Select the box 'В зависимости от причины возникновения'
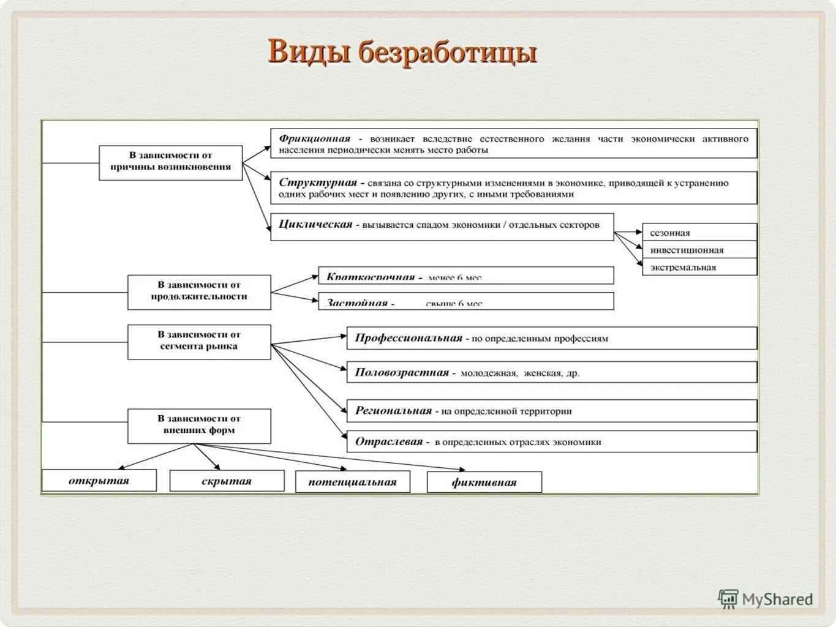(171, 162)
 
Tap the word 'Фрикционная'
(314, 138)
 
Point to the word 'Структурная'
(317, 182)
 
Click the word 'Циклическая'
(315, 224)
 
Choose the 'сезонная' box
(699, 233)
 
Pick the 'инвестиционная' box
(699, 250)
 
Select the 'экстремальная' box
(699, 267)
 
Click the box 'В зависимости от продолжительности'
(199, 291)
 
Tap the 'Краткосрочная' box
(465, 276)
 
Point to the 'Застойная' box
(465, 301)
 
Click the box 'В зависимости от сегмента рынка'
(199, 341)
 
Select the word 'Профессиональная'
(408, 338)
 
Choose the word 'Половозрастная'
(402, 372)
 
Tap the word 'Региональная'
(393, 411)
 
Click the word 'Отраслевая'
(389, 441)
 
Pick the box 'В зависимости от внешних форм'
(199, 425)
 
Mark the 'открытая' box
(99, 481)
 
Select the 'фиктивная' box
(484, 482)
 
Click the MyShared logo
(766, 599)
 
